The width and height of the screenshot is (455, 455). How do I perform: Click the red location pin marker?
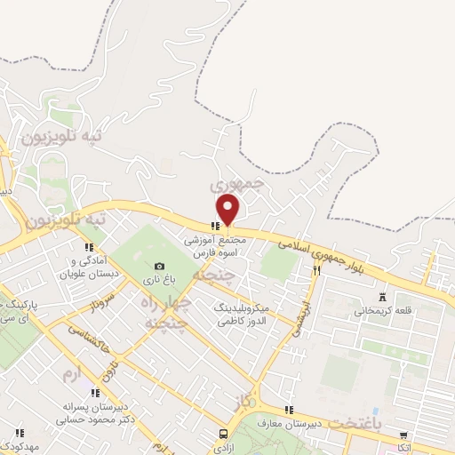tap(228, 209)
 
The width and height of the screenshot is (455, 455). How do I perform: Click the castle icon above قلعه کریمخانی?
tap(383, 297)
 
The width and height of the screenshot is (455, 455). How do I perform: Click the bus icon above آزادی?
tap(223, 434)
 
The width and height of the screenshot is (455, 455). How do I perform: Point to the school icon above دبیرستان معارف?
tap(288, 410)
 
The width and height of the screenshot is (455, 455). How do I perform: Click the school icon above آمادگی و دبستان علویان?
tap(88, 247)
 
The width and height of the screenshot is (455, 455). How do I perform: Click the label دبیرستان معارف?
tap(289, 424)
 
